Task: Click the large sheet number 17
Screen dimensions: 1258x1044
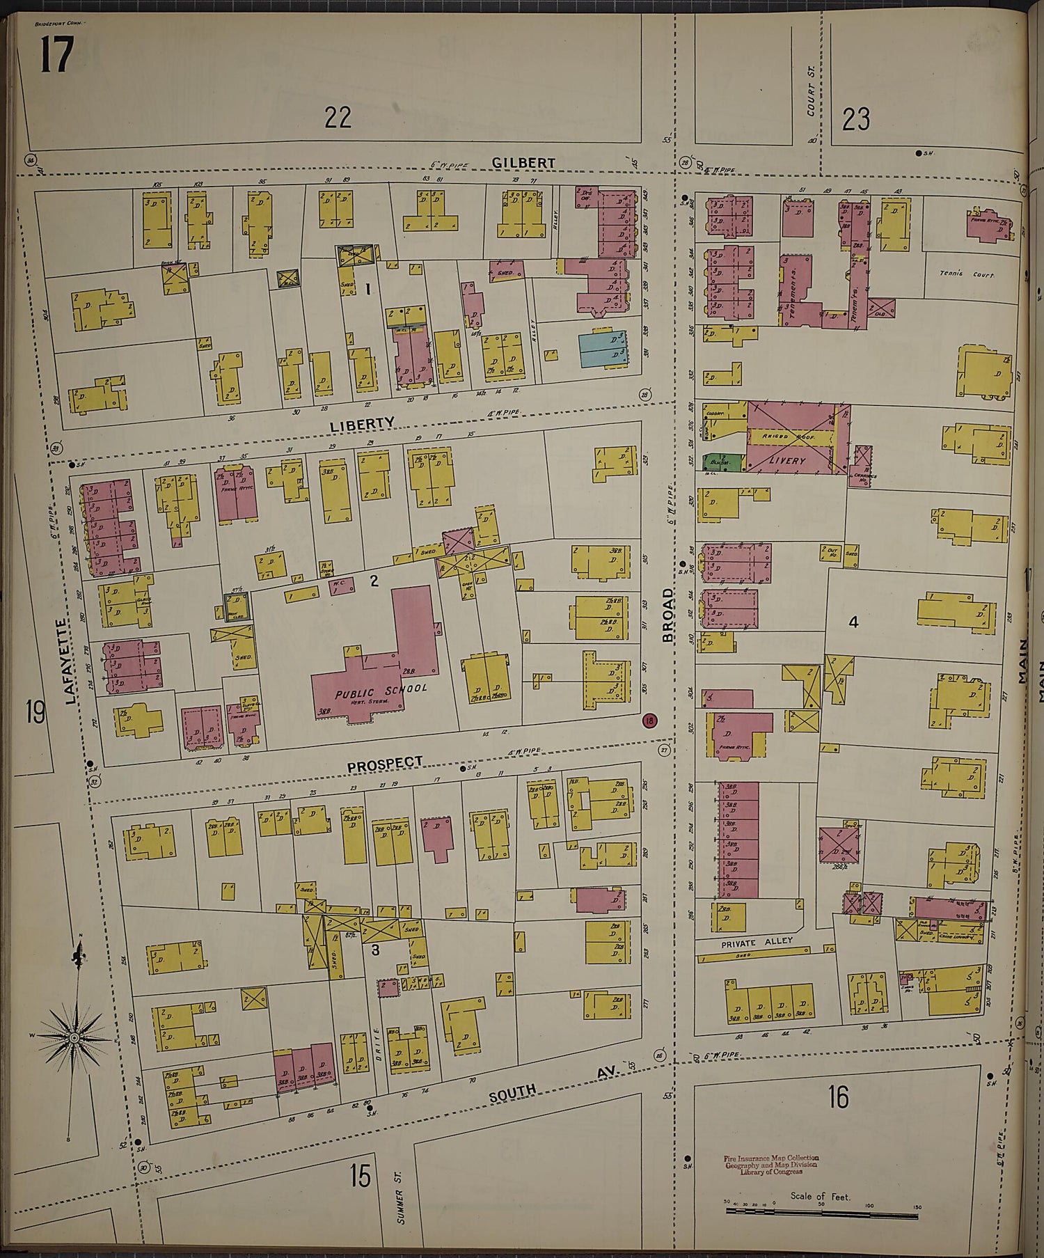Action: (56, 54)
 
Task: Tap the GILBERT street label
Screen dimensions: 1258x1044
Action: (523, 163)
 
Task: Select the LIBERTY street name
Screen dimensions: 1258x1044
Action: (362, 423)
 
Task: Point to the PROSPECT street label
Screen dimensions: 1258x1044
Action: (385, 764)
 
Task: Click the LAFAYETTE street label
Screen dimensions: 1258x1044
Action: (72, 661)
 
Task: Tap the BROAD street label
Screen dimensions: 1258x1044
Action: (668, 615)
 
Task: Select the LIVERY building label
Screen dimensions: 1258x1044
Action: (787, 460)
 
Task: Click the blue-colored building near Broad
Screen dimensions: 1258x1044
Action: (603, 349)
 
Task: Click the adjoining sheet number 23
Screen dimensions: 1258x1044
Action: (855, 120)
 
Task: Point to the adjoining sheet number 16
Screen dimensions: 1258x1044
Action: (838, 1098)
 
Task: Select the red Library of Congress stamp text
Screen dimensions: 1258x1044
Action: (771, 1164)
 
